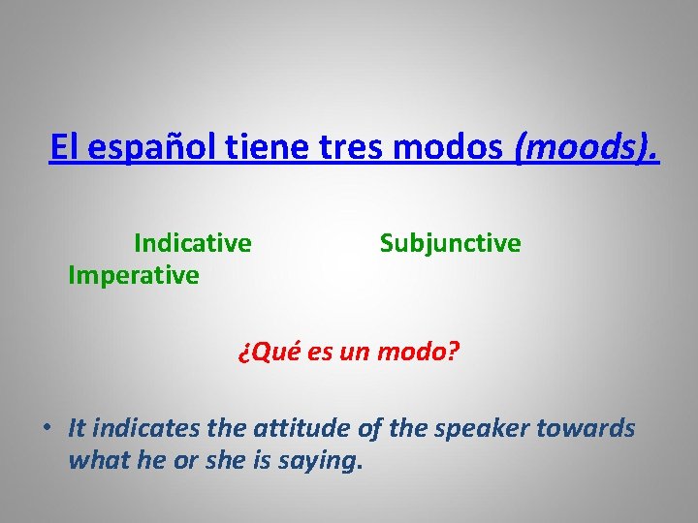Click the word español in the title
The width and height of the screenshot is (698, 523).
(x=139, y=149)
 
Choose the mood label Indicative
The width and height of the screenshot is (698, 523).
(x=192, y=242)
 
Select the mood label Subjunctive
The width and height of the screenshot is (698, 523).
(x=450, y=243)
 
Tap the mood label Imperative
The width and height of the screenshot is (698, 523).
(x=133, y=275)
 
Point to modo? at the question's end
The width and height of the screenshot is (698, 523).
(x=418, y=352)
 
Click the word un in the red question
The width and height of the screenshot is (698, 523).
(x=353, y=352)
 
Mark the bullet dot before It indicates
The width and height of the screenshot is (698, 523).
(x=47, y=428)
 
